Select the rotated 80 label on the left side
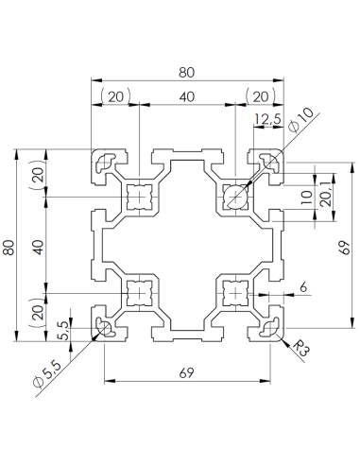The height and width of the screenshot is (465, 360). [10, 248]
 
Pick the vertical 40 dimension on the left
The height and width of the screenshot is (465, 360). [38, 246]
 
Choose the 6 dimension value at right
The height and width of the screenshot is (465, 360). [302, 285]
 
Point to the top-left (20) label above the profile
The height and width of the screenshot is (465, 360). [115, 97]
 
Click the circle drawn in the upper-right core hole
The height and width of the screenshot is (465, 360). [234, 197]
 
